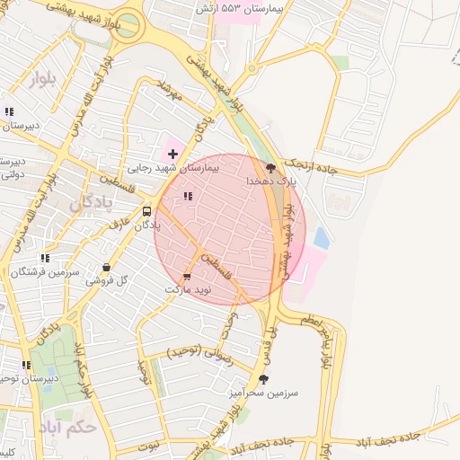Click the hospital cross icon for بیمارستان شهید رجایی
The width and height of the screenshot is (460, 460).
tap(172, 154)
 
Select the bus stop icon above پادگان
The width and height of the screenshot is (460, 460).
tap(146, 211)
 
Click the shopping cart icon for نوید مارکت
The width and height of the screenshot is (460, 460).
tap(187, 277)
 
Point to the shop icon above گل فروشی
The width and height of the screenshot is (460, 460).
tap(108, 267)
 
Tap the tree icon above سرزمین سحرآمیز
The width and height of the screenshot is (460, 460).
tap(263, 379)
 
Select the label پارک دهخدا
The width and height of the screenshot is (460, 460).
tap(270, 181)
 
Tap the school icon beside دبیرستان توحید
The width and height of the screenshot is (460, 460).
tap(27, 365)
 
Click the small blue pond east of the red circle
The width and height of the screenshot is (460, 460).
tap(321, 238)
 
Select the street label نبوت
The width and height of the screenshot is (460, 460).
tap(148, 443)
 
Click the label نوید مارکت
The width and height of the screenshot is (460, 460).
tap(188, 290)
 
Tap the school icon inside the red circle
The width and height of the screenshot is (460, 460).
tap(187, 196)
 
